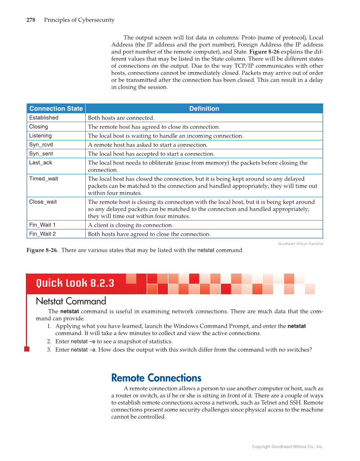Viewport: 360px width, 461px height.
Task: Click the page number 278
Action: pyautogui.click(x=31, y=20)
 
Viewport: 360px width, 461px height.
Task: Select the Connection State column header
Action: pyautogui.click(x=56, y=109)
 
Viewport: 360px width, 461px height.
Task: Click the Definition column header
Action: pyautogui.click(x=204, y=109)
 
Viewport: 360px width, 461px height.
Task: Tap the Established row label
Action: pyautogui.click(x=44, y=118)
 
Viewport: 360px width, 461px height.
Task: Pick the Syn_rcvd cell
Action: pyautogui.click(x=41, y=145)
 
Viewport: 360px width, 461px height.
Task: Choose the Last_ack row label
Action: pyautogui.click(x=41, y=163)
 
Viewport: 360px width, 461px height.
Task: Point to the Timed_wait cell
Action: pyautogui.click(x=44, y=179)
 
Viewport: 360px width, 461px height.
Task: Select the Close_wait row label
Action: pyautogui.click(x=43, y=202)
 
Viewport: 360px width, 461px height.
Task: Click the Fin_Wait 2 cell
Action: pyautogui.click(x=42, y=234)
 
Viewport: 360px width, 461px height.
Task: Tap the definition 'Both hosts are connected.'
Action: pyautogui.click(x=121, y=118)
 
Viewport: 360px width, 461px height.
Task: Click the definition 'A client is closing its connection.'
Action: pyautogui.click(x=130, y=225)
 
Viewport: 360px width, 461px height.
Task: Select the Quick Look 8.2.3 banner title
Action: pyautogui.click(x=75, y=283)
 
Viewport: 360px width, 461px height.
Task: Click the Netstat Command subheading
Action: pyautogui.click(x=71, y=302)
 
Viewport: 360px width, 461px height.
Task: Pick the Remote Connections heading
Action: pyautogui.click(x=156, y=378)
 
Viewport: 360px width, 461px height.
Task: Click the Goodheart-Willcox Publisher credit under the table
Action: pyautogui.click(x=300, y=244)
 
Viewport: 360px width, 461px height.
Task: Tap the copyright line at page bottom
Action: pyautogui.click(x=287, y=447)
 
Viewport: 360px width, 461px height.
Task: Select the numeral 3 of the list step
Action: pyautogui.click(x=49, y=350)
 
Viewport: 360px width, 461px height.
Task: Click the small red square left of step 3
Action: pyautogui.click(x=26, y=349)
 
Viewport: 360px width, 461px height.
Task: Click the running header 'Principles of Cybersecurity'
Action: pyautogui.click(x=79, y=20)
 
